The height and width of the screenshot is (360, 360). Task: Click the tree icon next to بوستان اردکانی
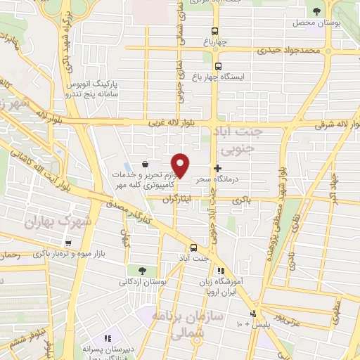[x=143, y=270]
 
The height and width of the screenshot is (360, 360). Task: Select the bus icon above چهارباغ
[x=215, y=31]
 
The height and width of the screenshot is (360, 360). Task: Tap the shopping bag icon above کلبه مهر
[x=145, y=162]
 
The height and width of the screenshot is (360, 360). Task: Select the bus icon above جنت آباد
[x=194, y=247]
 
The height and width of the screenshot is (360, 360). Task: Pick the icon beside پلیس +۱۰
[x=254, y=314]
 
